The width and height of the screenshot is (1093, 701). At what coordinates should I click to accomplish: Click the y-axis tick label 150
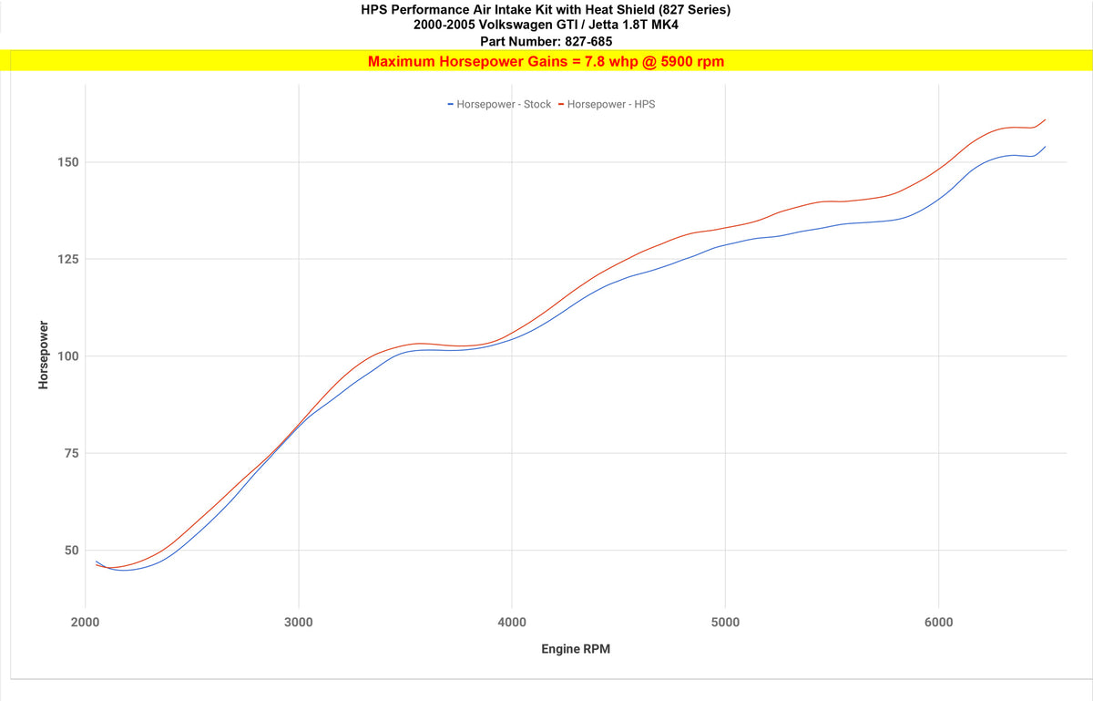(69, 162)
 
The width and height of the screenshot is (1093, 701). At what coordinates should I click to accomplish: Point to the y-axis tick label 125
(69, 259)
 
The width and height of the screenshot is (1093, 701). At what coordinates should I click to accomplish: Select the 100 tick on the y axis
(69, 356)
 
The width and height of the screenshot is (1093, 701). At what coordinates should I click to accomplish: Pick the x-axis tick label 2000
(85, 623)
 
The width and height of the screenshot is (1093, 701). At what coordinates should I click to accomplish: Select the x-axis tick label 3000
(299, 623)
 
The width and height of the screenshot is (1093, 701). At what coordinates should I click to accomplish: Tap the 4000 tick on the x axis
(512, 623)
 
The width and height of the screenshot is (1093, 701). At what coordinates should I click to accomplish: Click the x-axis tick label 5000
(725, 623)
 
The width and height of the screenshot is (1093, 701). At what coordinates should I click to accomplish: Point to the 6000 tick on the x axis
(938, 623)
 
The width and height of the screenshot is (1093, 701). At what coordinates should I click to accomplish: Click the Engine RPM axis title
(576, 650)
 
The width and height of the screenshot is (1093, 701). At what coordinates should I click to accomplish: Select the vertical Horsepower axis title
(43, 356)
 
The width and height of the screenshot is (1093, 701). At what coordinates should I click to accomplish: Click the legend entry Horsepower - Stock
(503, 104)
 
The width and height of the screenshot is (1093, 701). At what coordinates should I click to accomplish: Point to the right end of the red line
(1045, 119)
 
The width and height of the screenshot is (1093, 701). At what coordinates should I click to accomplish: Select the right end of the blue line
(1045, 147)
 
